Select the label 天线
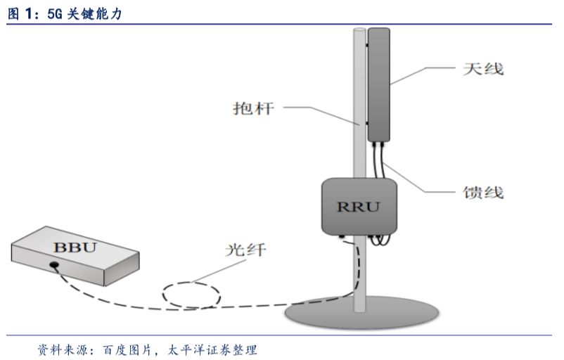[483, 70]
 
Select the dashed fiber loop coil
[191, 295]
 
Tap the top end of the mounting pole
[359, 32]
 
